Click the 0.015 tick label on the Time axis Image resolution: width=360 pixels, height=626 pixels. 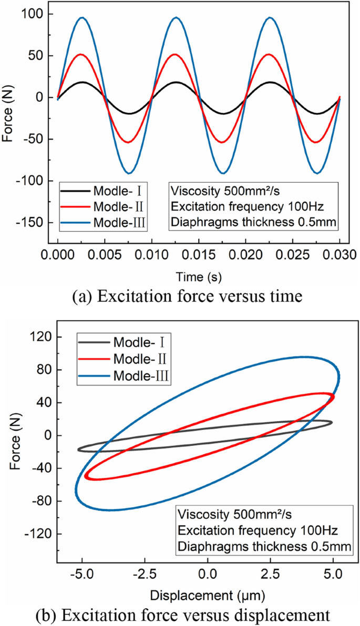[198, 254]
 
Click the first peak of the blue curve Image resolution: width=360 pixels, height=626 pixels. [82, 17]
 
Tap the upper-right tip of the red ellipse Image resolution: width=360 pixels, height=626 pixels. [333, 395]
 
